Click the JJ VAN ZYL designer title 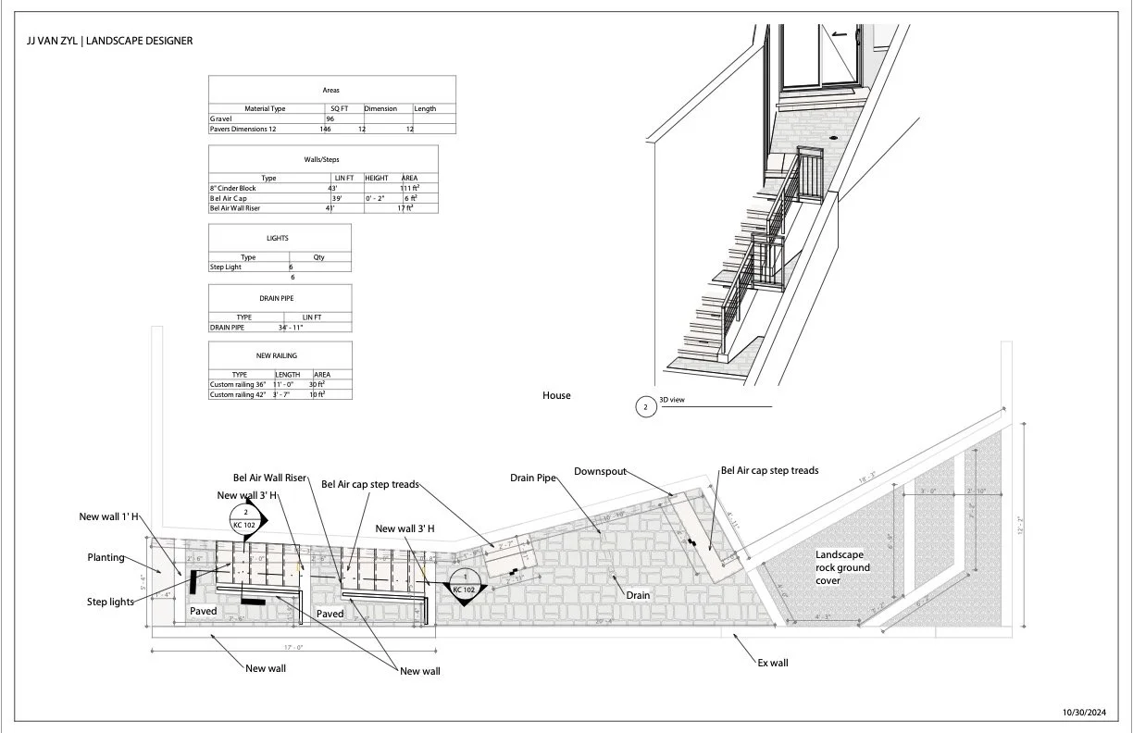tap(110, 42)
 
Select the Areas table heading tap(330, 91)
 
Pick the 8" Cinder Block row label tap(232, 188)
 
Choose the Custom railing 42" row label tap(238, 394)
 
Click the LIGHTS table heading tap(278, 238)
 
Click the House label tap(556, 395)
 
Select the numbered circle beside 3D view tap(645, 406)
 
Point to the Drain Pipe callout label tap(533, 478)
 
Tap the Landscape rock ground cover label tap(842, 567)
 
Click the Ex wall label tap(772, 663)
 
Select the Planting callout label tap(106, 558)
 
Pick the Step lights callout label tap(111, 602)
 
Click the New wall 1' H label tap(109, 516)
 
